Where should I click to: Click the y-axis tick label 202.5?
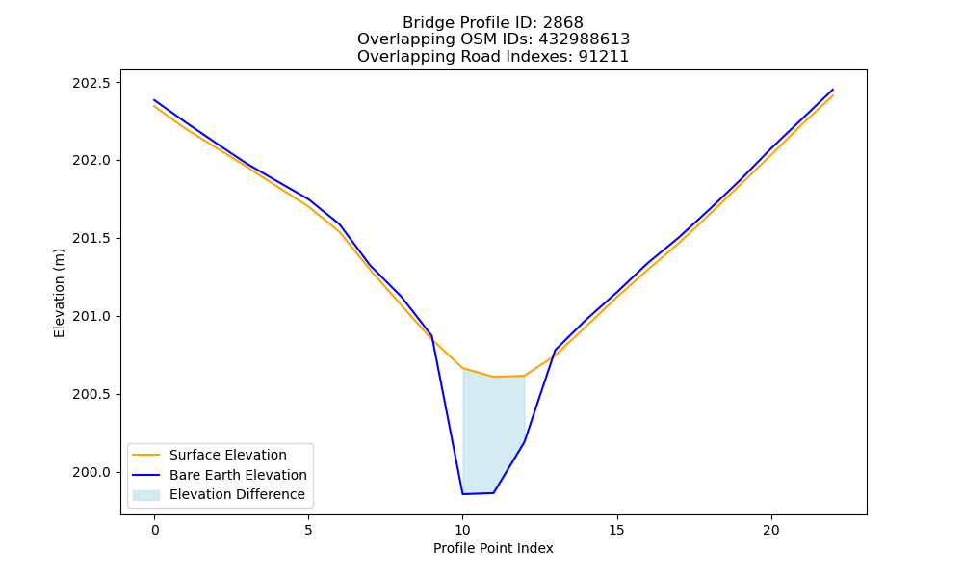pyautogui.click(x=92, y=83)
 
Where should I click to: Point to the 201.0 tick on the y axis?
pyautogui.click(x=92, y=316)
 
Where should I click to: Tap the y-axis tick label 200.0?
pyautogui.click(x=92, y=472)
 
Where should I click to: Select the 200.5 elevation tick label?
pyautogui.click(x=92, y=394)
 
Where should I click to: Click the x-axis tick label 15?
pyautogui.click(x=616, y=530)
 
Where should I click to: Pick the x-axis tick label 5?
pyautogui.click(x=308, y=530)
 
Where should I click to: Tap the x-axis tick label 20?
pyautogui.click(x=770, y=530)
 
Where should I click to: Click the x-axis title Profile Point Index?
pyautogui.click(x=493, y=548)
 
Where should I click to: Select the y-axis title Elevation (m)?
pyautogui.click(x=59, y=293)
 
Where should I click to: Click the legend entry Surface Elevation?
pyautogui.click(x=228, y=455)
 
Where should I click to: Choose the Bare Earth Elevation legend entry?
pyautogui.click(x=238, y=475)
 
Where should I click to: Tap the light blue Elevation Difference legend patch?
pyautogui.click(x=146, y=494)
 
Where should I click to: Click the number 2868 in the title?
pyautogui.click(x=562, y=23)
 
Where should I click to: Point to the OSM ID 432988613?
pyautogui.click(x=585, y=39)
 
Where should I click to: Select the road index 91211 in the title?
pyautogui.click(x=603, y=57)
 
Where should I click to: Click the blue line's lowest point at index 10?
pyautogui.click(x=462, y=494)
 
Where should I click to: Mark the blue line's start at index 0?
pyautogui.click(x=154, y=99)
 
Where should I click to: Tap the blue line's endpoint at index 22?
pyautogui.click(x=833, y=90)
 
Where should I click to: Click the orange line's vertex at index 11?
pyautogui.click(x=493, y=377)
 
